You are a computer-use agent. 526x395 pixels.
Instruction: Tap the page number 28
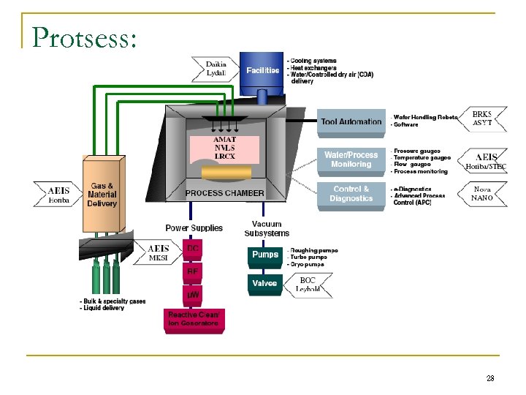tap(489, 377)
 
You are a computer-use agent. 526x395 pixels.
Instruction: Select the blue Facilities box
tap(262, 70)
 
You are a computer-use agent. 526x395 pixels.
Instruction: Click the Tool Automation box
tap(351, 121)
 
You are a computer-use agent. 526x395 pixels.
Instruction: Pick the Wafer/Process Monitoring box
tap(351, 159)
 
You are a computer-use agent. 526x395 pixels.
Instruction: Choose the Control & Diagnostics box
tap(351, 194)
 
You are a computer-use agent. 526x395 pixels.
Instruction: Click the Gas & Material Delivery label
tap(102, 195)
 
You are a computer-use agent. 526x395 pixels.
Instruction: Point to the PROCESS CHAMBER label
tap(225, 193)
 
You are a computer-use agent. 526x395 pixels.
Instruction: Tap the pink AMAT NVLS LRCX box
tap(224, 148)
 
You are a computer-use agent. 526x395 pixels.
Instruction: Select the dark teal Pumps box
tap(265, 255)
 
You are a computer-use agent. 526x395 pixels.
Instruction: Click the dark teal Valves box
tap(264, 283)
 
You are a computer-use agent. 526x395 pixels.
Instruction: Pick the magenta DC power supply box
tap(193, 249)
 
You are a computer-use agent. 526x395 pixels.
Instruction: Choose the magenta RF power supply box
tap(193, 271)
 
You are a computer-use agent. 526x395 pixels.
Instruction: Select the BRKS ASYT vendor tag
tap(482, 118)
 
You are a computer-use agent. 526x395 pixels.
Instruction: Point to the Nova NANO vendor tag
tap(482, 194)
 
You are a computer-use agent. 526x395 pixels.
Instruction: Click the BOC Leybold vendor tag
tap(308, 285)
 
